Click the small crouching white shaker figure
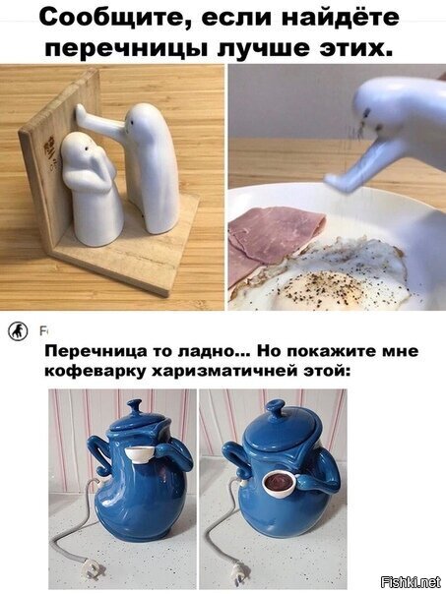(91, 188)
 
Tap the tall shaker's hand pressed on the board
(81, 113)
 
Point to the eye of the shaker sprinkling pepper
(367, 112)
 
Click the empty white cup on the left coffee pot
(139, 453)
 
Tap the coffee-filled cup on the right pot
(279, 483)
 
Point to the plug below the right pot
(239, 572)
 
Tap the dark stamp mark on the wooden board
(49, 149)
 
